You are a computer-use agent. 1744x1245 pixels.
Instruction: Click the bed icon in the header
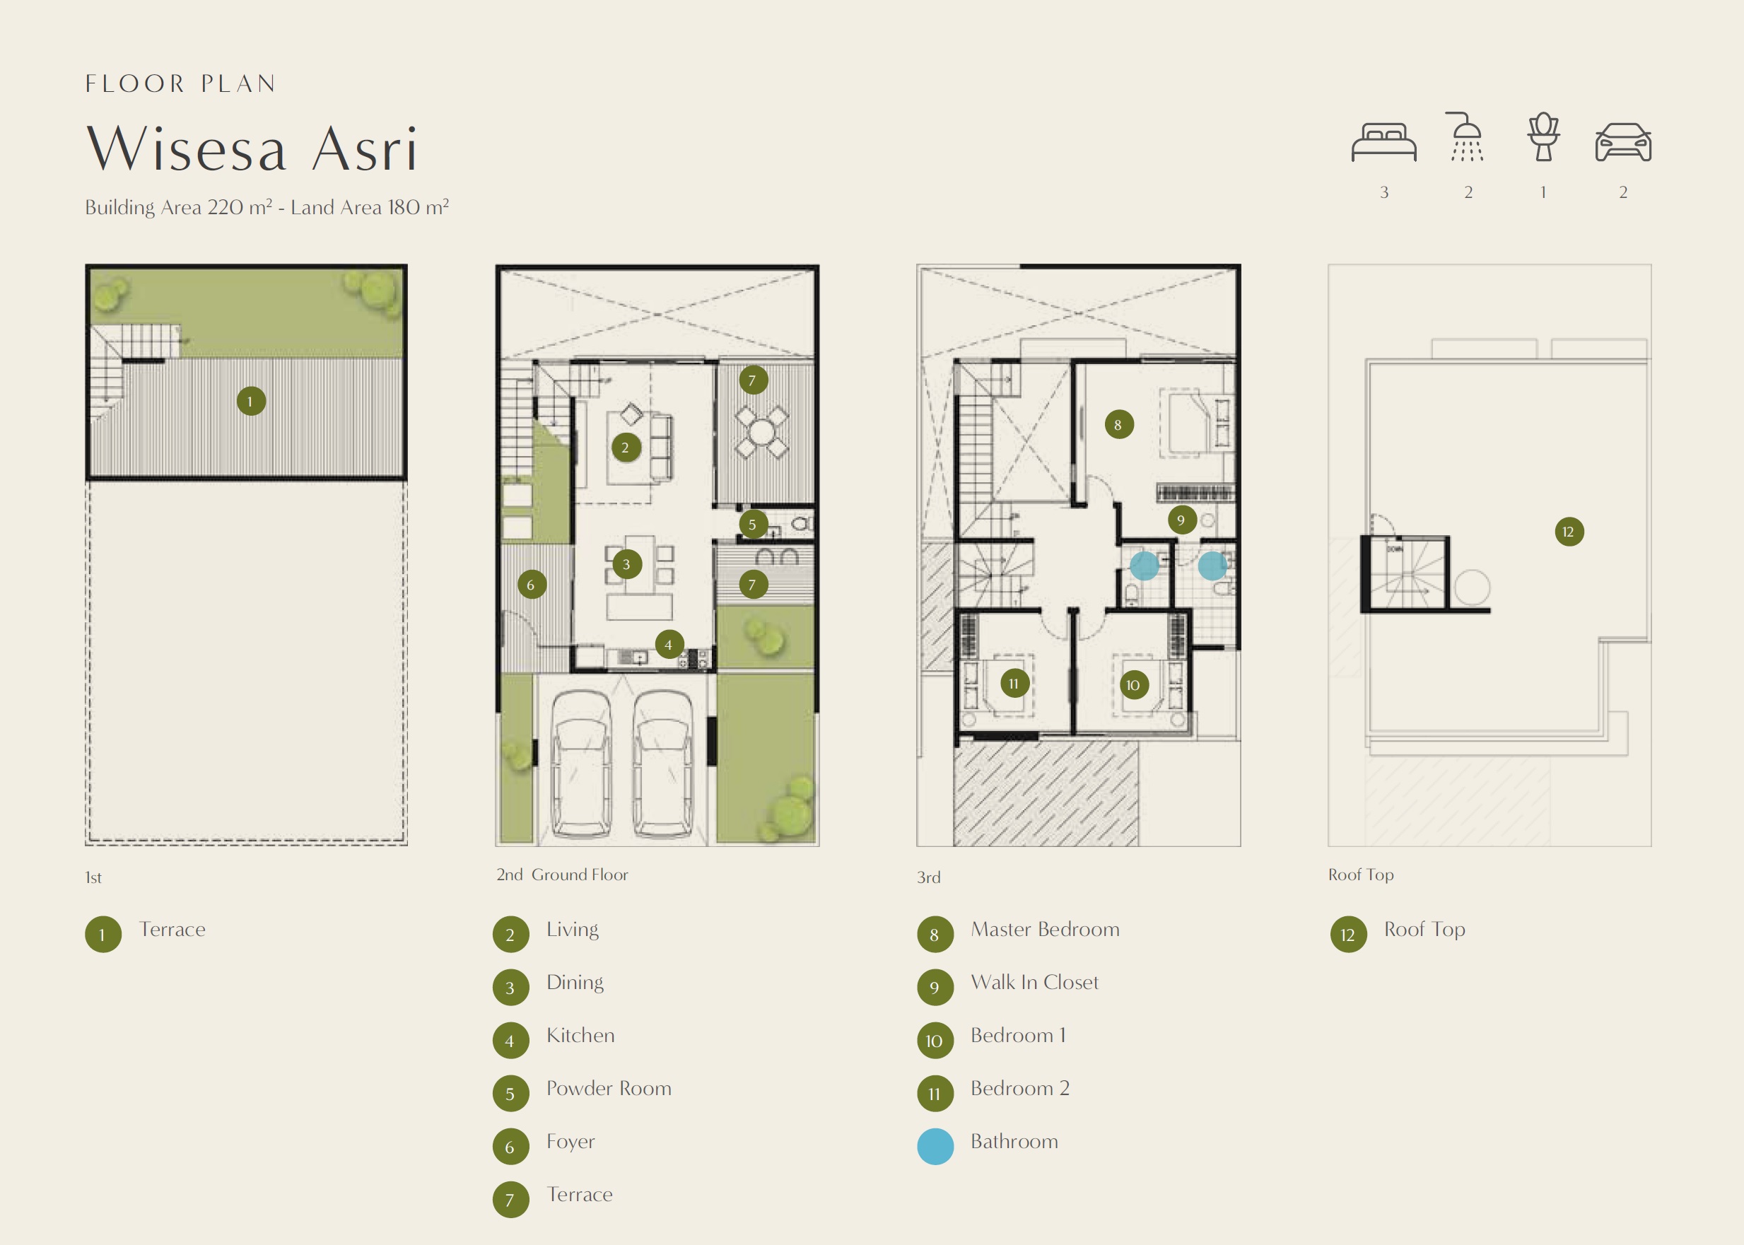click(x=1383, y=142)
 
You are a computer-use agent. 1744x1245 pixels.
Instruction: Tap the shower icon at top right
click(x=1466, y=136)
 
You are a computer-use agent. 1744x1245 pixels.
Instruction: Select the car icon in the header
click(x=1623, y=142)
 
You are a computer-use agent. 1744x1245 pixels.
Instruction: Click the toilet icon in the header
click(x=1543, y=136)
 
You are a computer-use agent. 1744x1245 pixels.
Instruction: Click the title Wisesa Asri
click(x=252, y=148)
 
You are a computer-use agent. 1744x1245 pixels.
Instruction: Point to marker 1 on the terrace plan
click(x=251, y=401)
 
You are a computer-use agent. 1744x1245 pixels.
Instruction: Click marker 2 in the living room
click(x=626, y=447)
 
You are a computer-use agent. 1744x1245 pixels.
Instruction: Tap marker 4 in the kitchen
click(x=669, y=645)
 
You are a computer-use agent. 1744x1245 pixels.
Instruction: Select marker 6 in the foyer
click(x=530, y=585)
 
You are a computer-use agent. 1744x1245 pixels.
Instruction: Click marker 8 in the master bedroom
click(x=1118, y=424)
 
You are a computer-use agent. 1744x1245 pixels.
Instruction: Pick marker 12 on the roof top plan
click(x=1569, y=531)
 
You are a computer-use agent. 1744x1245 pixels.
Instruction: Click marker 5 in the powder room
click(x=753, y=525)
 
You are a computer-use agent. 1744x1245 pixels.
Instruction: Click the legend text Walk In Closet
click(x=1034, y=982)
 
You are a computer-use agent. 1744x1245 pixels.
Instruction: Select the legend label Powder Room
click(x=609, y=1089)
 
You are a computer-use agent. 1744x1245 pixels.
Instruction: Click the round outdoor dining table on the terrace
click(x=761, y=431)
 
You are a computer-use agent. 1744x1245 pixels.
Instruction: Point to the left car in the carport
click(x=582, y=763)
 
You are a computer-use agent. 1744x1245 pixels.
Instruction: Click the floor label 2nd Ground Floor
click(x=562, y=875)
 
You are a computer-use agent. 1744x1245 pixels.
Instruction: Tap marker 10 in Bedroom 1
click(x=1133, y=684)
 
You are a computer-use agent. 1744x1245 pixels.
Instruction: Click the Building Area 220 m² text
click(x=179, y=207)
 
